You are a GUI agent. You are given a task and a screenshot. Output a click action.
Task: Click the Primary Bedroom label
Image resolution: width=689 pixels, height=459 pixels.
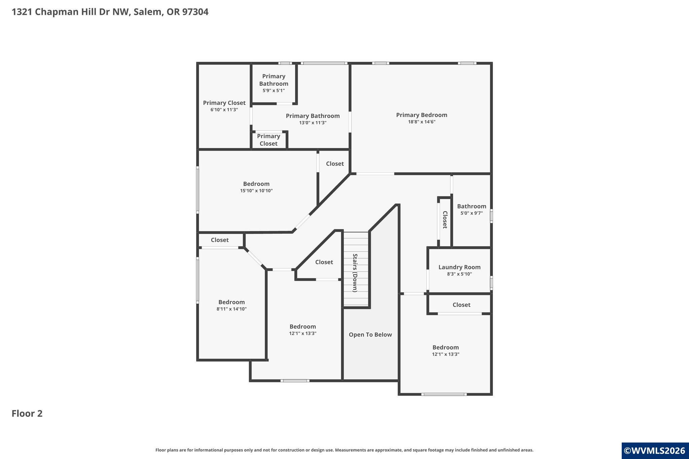tap(422, 115)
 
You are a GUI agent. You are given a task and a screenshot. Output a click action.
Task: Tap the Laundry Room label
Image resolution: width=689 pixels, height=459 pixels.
tap(459, 267)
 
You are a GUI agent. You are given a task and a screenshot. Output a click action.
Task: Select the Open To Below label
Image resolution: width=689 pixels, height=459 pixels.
tap(370, 335)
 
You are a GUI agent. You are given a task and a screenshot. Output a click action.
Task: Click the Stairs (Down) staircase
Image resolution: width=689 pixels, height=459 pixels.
tap(356, 269)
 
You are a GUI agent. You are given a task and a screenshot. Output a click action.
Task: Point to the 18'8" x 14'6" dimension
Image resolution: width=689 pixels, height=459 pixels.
tap(422, 122)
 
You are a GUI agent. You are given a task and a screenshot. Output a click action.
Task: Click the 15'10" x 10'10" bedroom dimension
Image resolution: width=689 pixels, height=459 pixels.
tap(256, 191)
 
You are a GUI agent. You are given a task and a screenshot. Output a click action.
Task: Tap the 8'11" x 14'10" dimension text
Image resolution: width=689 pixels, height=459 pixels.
tap(231, 309)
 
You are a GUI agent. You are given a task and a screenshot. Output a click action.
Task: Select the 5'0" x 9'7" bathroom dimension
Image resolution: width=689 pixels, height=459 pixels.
tap(471, 213)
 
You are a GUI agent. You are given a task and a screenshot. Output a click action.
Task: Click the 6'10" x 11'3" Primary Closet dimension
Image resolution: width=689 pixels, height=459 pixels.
tap(224, 110)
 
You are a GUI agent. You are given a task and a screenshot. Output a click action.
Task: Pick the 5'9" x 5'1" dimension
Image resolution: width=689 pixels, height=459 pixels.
tap(274, 91)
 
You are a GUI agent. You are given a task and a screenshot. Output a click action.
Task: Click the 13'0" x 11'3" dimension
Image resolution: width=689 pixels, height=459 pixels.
tap(313, 123)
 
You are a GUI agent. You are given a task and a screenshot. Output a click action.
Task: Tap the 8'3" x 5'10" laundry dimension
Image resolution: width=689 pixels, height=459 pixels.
tap(459, 274)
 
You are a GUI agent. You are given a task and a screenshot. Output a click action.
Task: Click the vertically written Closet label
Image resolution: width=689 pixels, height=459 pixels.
tap(445, 220)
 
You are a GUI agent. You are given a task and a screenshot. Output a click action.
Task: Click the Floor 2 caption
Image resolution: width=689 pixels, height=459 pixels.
tap(27, 414)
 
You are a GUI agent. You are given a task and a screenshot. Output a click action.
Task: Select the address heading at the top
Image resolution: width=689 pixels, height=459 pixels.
tap(110, 12)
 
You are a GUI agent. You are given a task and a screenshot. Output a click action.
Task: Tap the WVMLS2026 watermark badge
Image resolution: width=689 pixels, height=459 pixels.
tap(655, 451)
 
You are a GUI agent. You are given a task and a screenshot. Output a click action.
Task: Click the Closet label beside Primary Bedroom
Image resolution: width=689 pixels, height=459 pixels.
tap(335, 164)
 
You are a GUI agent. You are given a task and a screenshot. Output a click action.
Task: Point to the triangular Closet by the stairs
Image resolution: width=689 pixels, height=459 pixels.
tap(324, 262)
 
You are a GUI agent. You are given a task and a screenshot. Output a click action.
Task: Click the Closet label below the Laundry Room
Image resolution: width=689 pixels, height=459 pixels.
tap(461, 305)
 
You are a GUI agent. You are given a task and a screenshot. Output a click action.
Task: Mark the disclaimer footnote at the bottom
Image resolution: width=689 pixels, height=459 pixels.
tap(344, 450)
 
